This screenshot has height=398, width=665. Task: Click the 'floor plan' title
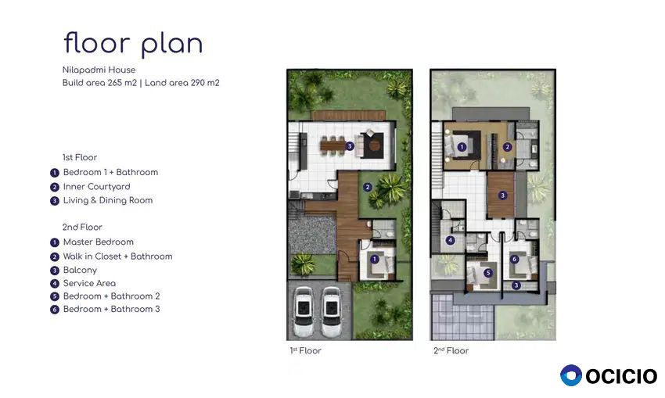(x=133, y=44)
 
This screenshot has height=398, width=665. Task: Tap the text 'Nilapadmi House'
(x=99, y=70)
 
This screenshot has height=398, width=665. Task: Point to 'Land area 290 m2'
(x=182, y=83)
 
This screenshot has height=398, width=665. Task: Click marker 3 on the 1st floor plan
(x=350, y=146)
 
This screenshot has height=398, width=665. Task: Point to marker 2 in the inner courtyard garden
(x=367, y=187)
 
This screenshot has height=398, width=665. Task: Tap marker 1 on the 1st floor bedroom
(x=374, y=259)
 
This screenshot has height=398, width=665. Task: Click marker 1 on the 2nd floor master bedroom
(x=462, y=147)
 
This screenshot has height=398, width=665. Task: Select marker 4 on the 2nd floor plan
(x=450, y=240)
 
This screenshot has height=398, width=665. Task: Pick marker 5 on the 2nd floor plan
(x=487, y=273)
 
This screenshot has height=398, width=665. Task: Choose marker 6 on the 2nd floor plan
(x=514, y=259)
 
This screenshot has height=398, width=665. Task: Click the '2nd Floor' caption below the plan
(x=451, y=350)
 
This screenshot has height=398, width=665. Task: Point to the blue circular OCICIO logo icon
(x=571, y=375)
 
